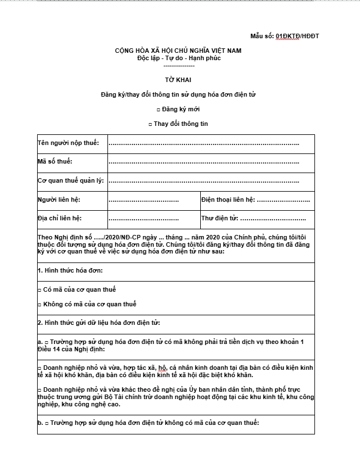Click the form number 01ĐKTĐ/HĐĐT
297,36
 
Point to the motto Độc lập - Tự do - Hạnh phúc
178,58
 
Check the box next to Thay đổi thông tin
150,124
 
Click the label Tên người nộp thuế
68,143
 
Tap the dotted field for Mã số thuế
203,162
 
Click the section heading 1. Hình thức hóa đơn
70,271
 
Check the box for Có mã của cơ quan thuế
39,290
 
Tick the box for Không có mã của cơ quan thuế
39,305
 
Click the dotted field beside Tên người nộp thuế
203,144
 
